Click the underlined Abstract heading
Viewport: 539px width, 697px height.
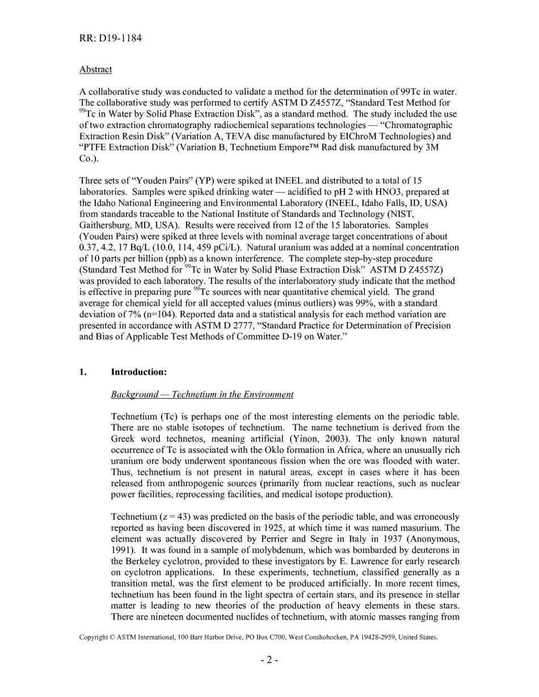click(x=95, y=69)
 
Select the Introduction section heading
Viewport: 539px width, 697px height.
click(x=138, y=372)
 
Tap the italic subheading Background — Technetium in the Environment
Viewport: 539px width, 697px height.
click(x=202, y=394)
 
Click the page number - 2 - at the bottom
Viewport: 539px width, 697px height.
click(x=269, y=660)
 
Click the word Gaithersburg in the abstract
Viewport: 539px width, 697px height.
click(x=104, y=226)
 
